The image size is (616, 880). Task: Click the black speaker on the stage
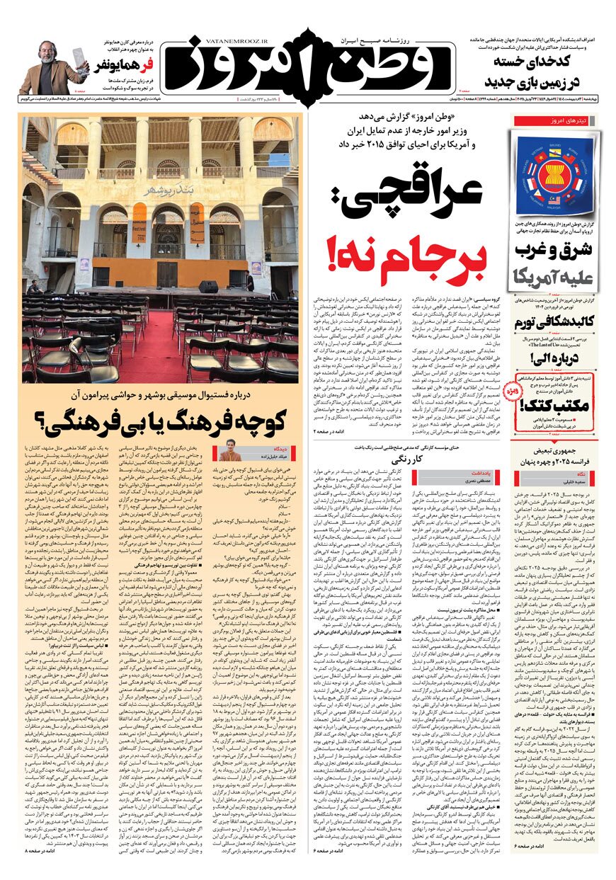(x=207, y=287)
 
